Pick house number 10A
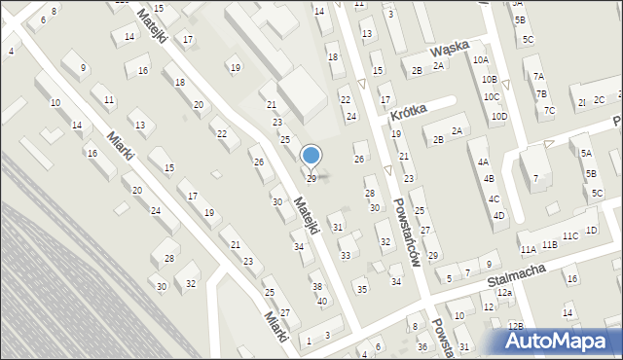click(480, 59)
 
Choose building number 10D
click(499, 117)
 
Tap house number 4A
click(483, 162)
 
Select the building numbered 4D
click(497, 215)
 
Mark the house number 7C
click(549, 110)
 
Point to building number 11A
click(528, 250)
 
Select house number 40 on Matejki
click(322, 300)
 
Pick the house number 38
click(316, 286)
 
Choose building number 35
click(361, 289)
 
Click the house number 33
click(345, 255)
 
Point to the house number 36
click(421, 347)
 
